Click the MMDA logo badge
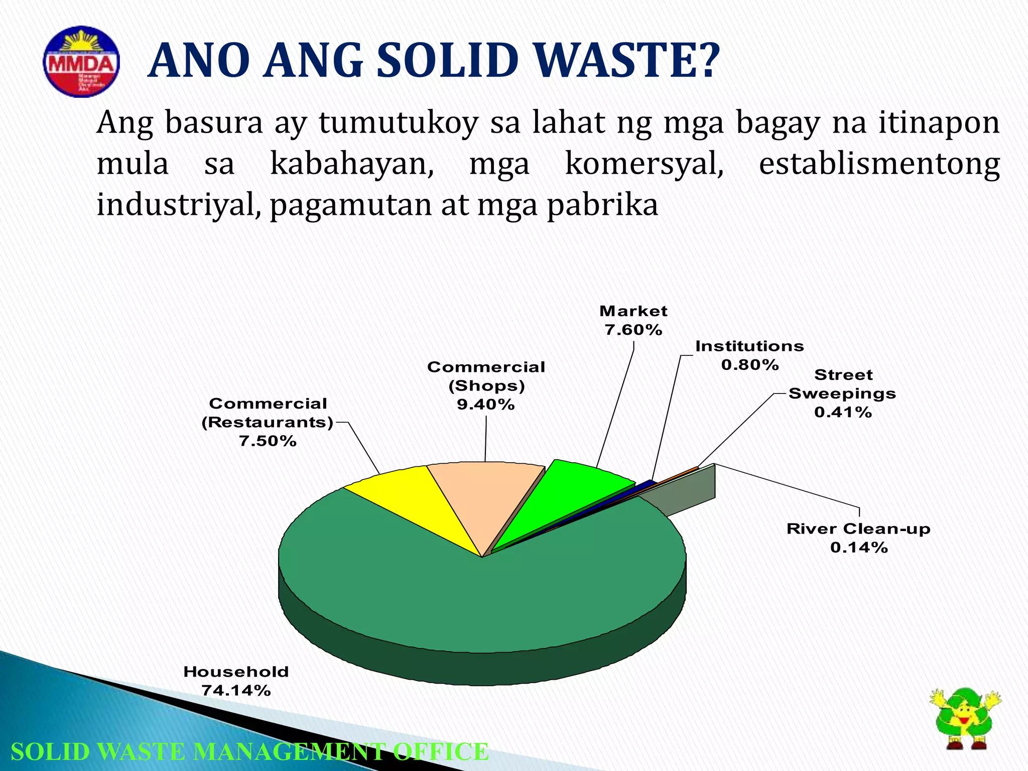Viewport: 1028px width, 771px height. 81,62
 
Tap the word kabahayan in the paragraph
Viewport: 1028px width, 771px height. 352,164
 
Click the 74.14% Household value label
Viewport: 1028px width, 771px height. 236,691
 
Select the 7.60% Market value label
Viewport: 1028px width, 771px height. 633,330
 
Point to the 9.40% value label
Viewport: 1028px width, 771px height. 486,404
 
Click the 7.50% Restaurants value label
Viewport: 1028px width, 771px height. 268,441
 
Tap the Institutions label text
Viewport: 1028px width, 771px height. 749,346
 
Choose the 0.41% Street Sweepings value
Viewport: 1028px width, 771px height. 843,412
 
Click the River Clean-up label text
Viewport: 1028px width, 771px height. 858,529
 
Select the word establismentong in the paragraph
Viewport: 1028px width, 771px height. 879,164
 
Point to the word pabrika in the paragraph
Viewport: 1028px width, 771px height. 602,205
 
